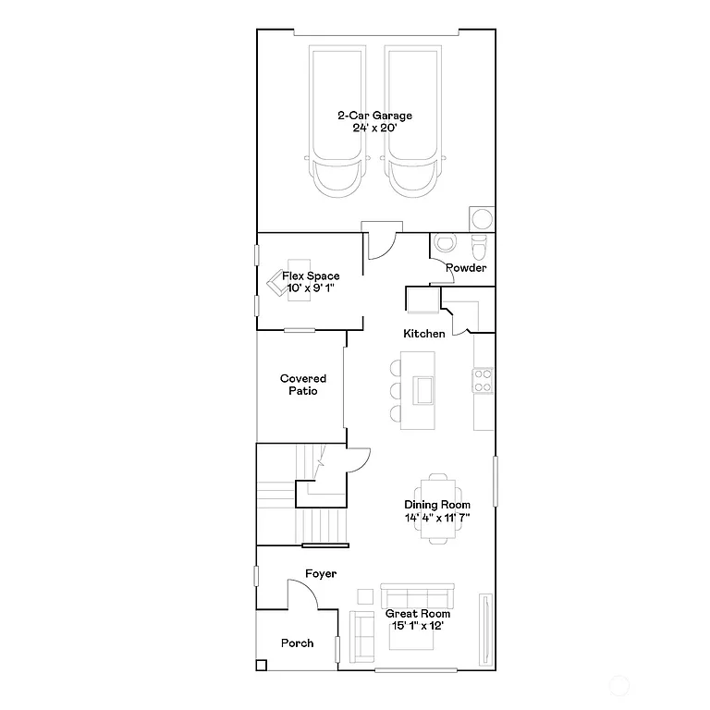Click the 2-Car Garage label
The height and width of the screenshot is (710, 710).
click(374, 122)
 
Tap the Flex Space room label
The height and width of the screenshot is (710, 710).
click(311, 282)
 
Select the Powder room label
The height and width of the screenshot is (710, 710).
click(466, 268)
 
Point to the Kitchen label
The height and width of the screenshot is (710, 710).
click(424, 334)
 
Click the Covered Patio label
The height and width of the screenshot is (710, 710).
click(303, 385)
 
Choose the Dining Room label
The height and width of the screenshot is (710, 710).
click(437, 511)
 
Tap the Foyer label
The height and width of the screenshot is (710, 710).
click(321, 574)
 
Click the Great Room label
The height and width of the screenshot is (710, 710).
click(418, 619)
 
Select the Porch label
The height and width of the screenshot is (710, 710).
click(297, 643)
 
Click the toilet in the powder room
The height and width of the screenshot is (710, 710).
click(479, 248)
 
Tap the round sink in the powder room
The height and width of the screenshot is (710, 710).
click(446, 244)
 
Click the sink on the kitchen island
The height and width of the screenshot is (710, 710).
click(423, 390)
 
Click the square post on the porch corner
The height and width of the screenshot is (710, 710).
click(262, 664)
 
